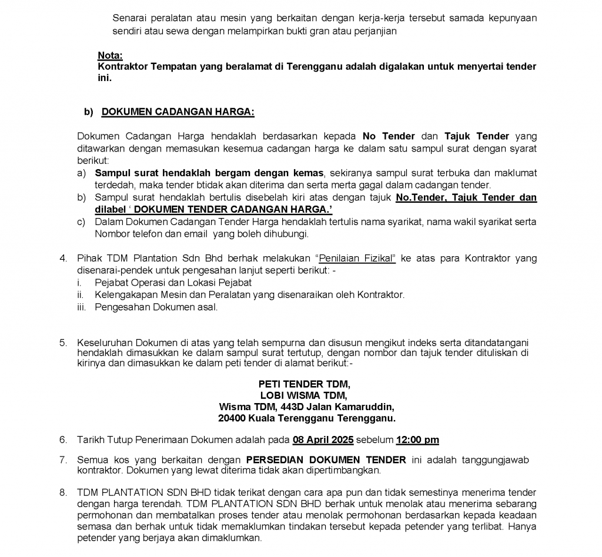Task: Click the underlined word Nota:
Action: pyautogui.click(x=110, y=55)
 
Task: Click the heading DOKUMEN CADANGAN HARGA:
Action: pyautogui.click(x=178, y=112)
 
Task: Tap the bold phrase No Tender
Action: pyautogui.click(x=389, y=136)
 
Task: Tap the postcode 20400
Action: pyautogui.click(x=230, y=418)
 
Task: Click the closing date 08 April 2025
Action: pyautogui.click(x=324, y=440)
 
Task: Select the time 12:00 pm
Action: pyautogui.click(x=417, y=440)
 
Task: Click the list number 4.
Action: pyautogui.click(x=63, y=259)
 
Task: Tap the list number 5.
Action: pyautogui.click(x=63, y=343)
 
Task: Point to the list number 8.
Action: pyautogui.click(x=63, y=492)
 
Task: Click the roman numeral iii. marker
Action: pyautogui.click(x=82, y=307)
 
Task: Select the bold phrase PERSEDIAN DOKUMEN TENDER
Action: pyautogui.click(x=326, y=459)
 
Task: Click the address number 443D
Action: pyautogui.click(x=287, y=407)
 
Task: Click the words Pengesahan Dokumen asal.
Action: pyautogui.click(x=156, y=307)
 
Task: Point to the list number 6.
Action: pyautogui.click(x=63, y=440)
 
